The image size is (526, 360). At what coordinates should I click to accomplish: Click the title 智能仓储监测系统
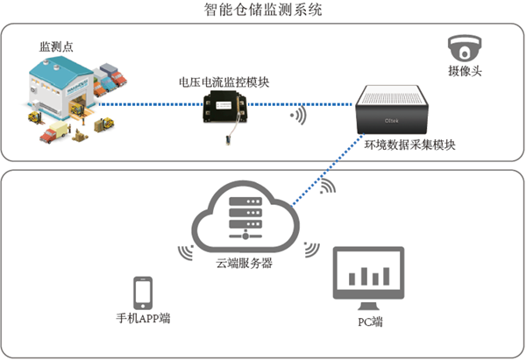pyautogui.click(x=262, y=11)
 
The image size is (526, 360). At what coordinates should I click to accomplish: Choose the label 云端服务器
pyautogui.click(x=245, y=263)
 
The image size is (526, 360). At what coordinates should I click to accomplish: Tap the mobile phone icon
pyautogui.click(x=143, y=292)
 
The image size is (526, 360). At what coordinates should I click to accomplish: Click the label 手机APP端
pyautogui.click(x=143, y=317)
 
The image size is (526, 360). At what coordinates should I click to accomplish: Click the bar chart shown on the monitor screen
pyautogui.click(x=368, y=274)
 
